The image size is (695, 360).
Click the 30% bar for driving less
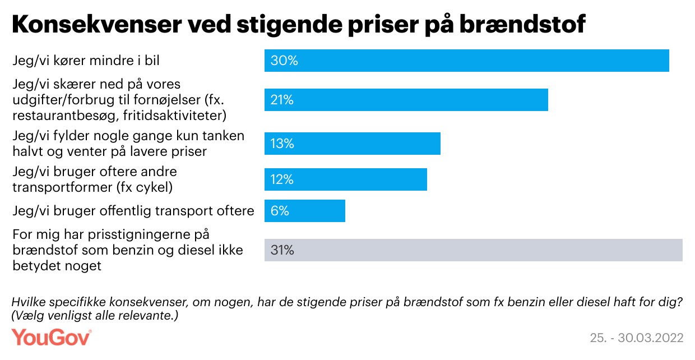pos(466,61)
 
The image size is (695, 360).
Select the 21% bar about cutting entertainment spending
pos(406,100)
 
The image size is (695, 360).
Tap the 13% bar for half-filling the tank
pos(352,144)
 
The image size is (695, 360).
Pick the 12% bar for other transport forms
pos(345,179)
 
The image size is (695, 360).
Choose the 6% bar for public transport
pos(304,211)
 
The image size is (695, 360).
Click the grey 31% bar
pos(473,250)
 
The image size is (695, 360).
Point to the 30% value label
pos(284,61)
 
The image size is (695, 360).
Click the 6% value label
pos(280,211)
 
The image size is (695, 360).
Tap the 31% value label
pos(282,250)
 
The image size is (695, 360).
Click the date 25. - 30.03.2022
pos(637,338)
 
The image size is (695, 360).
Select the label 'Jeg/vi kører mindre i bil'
pos(82,61)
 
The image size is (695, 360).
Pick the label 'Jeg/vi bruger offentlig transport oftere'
pos(133,211)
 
